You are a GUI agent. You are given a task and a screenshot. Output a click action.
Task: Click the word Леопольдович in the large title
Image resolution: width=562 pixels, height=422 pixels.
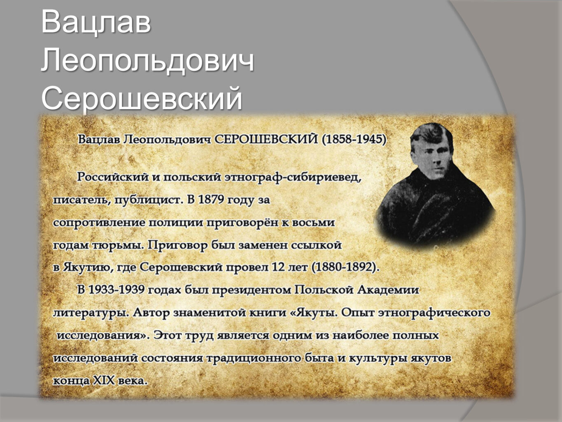(147, 62)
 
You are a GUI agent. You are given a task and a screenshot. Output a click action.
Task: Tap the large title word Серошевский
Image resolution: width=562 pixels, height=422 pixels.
(142, 98)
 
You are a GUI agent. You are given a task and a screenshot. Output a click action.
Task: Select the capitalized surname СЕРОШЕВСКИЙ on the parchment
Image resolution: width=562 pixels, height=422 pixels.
(266, 140)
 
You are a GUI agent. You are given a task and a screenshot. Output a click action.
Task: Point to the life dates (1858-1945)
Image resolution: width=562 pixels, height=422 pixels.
(354, 140)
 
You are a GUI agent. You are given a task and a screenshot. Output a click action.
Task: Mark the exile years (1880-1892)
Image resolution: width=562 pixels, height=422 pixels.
(345, 267)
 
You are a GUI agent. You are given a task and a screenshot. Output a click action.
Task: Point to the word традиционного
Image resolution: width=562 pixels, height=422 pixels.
(253, 359)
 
